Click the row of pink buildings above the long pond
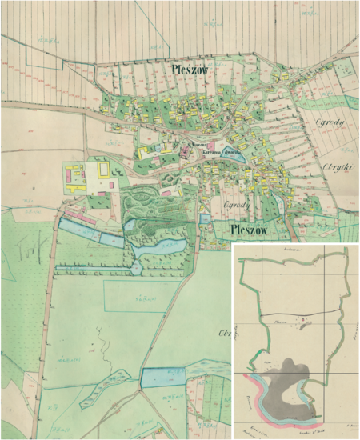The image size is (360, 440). point(79,214)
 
